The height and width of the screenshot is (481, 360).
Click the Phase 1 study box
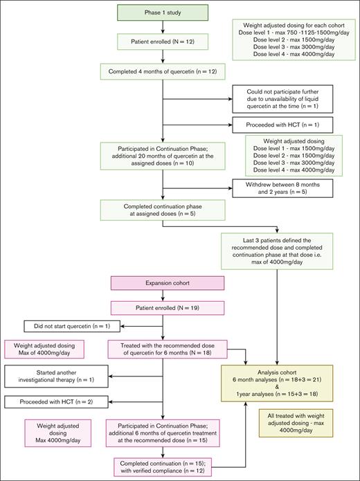click(x=161, y=12)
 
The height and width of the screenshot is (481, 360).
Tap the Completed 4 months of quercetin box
click(x=161, y=71)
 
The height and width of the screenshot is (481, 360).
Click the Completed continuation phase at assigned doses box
click(x=161, y=208)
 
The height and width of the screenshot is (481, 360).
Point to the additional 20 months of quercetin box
click(x=161, y=152)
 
